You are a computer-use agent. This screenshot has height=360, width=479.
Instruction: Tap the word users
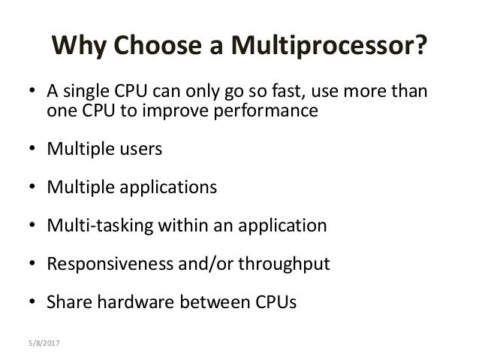pos(138,148)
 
